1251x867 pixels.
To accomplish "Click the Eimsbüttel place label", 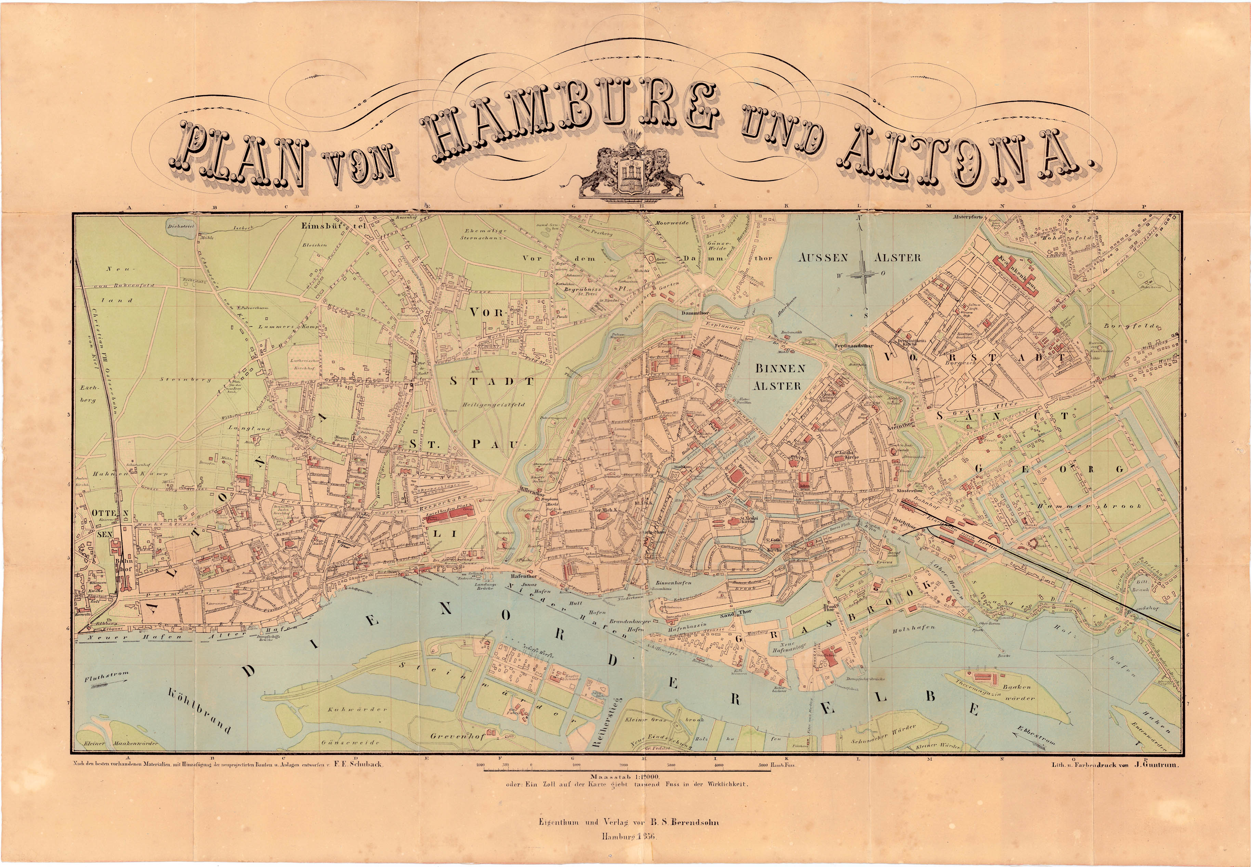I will pos(334,223).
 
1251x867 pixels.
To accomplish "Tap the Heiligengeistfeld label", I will pos(493,405).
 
